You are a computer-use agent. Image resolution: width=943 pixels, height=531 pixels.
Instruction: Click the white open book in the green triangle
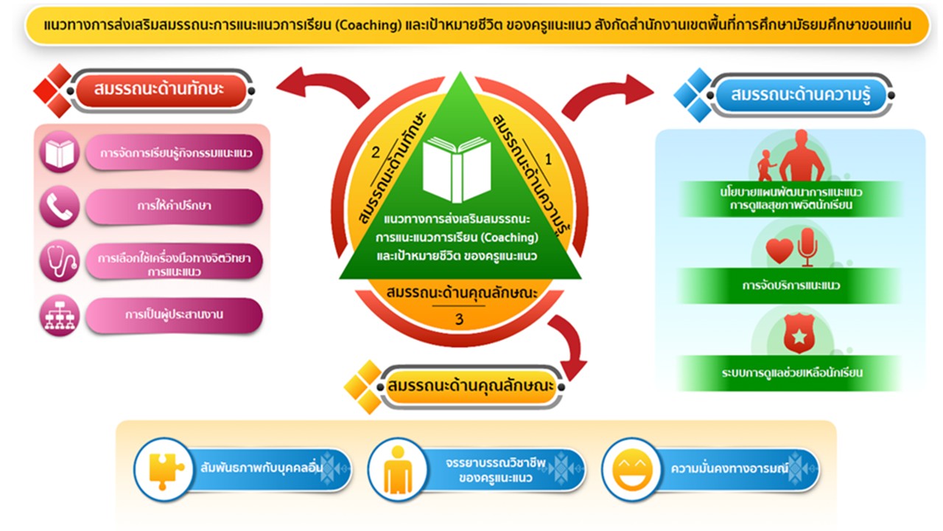click(457, 169)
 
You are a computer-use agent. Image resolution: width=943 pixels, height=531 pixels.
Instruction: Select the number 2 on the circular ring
click(375, 153)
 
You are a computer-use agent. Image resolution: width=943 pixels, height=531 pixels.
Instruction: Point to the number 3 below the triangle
click(459, 319)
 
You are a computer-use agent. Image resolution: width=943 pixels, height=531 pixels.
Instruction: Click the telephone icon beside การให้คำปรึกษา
click(59, 207)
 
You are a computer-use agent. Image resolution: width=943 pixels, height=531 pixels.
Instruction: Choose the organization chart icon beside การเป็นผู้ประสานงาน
click(59, 316)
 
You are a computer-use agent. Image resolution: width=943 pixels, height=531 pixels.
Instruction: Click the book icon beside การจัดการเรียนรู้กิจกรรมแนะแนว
click(59, 153)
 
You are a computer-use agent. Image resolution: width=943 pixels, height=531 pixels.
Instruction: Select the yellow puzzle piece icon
click(164, 470)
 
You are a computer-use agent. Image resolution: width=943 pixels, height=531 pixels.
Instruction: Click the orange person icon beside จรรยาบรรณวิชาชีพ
click(397, 470)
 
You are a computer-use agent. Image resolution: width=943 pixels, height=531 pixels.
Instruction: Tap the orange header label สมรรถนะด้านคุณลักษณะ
click(471, 387)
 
